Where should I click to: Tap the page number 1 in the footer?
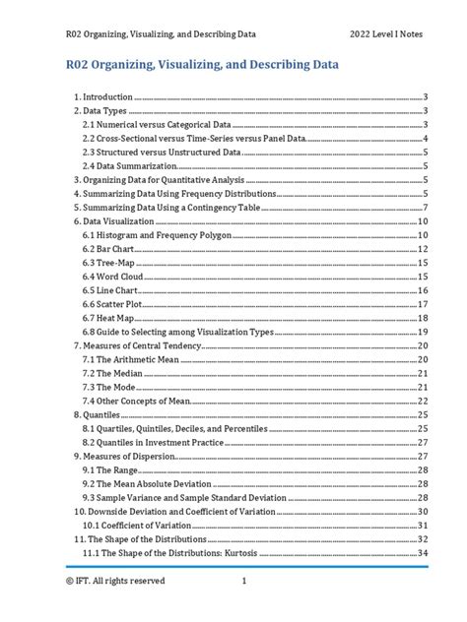coord(243,581)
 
